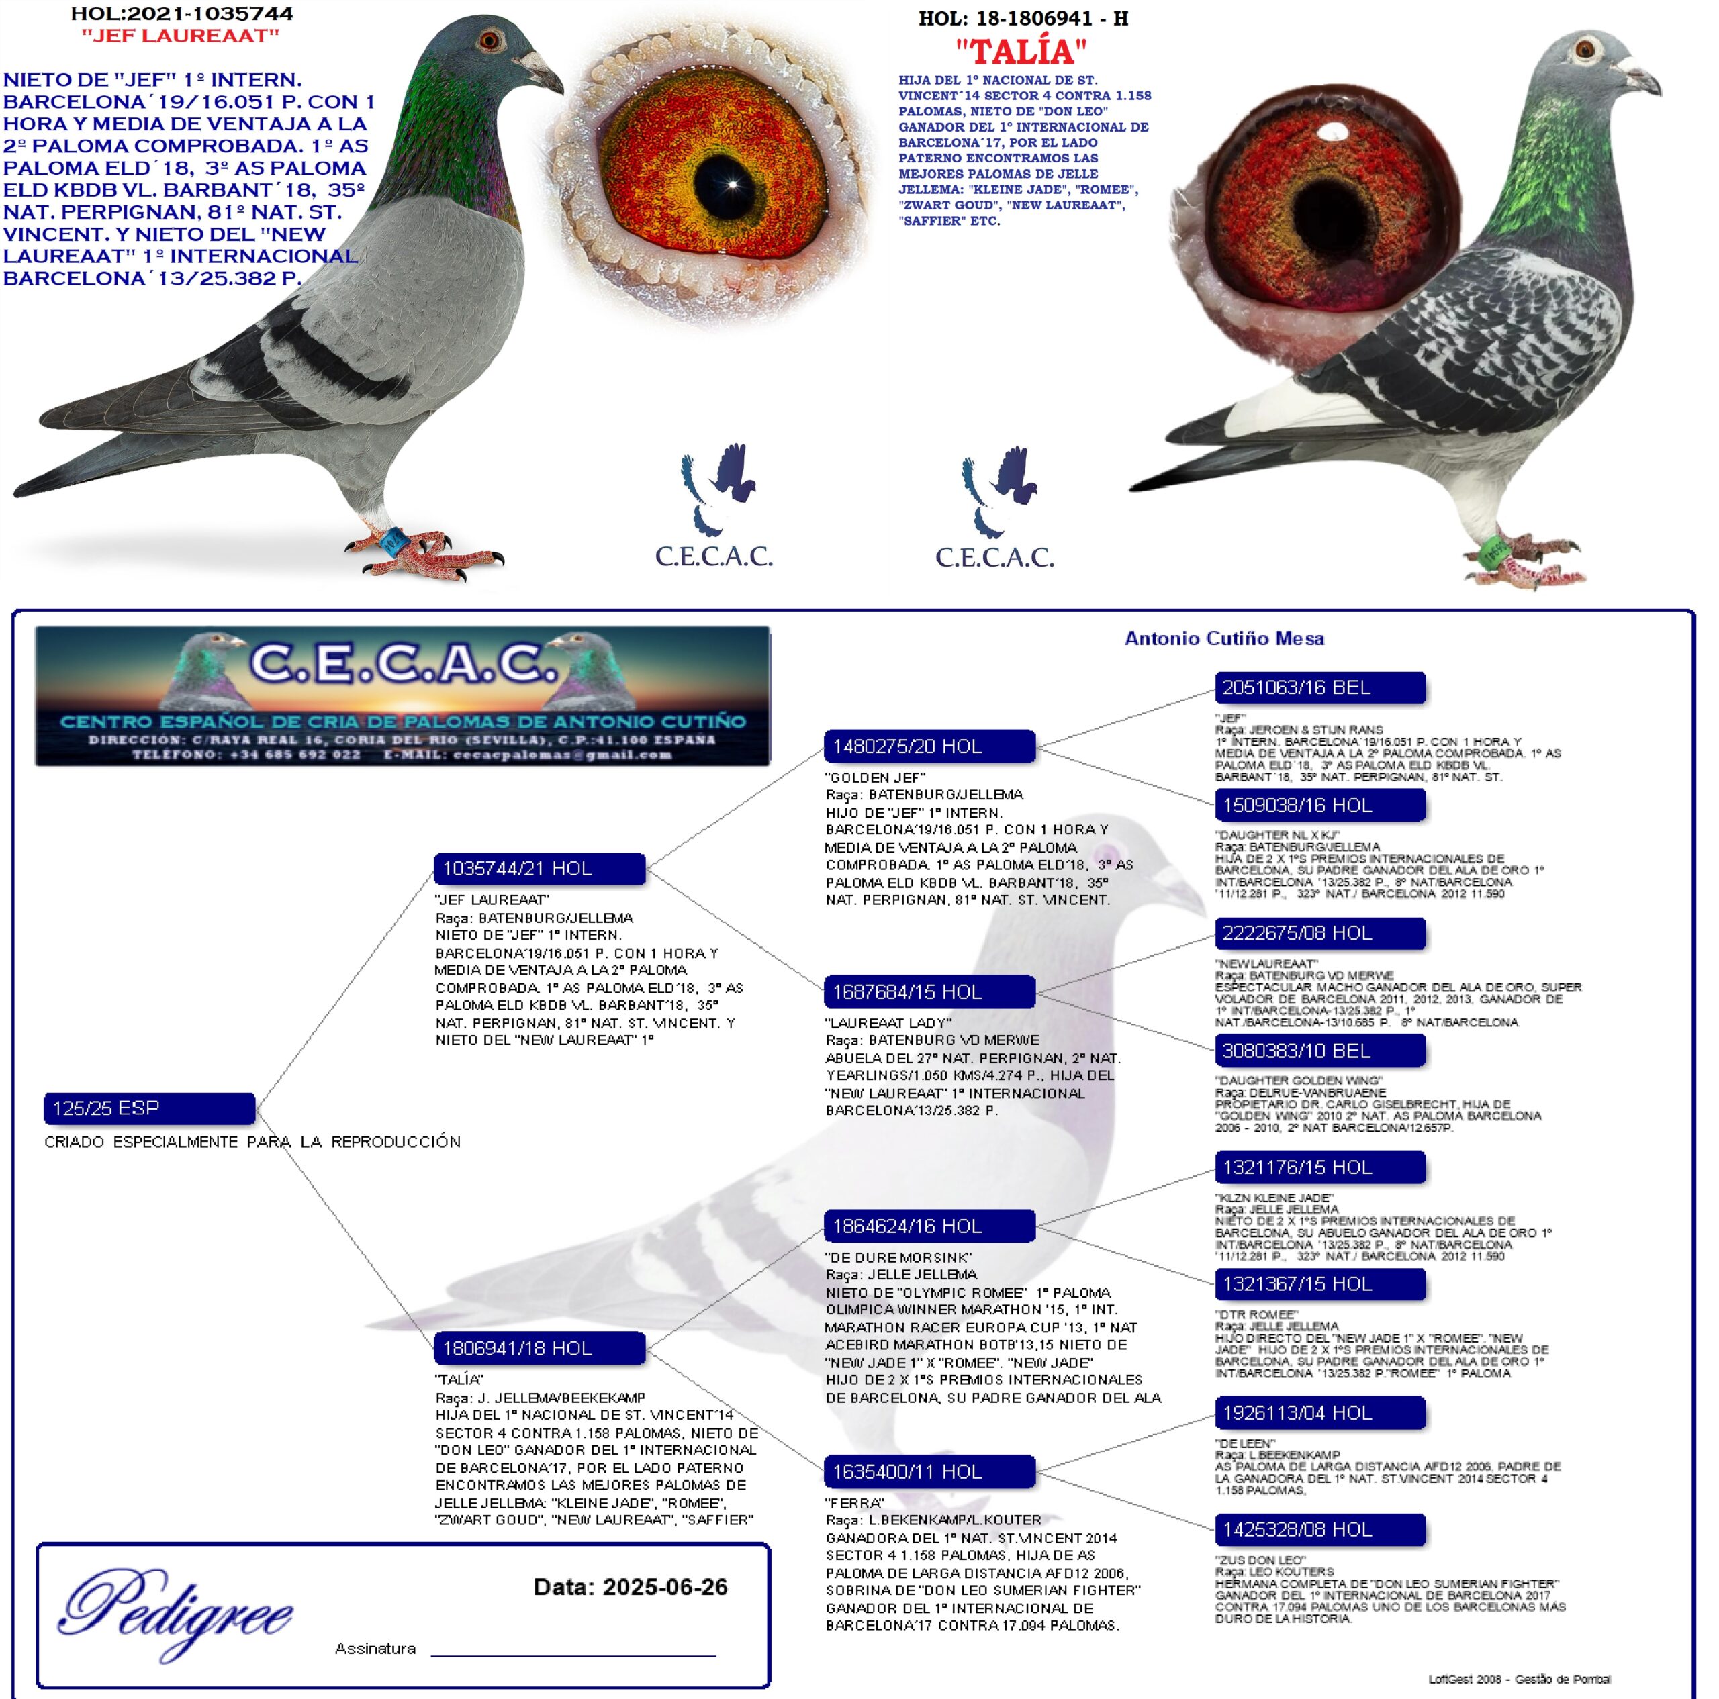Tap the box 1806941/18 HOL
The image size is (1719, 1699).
tap(539, 1348)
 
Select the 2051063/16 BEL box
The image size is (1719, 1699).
tap(1319, 687)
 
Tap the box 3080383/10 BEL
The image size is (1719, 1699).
tap(1319, 1051)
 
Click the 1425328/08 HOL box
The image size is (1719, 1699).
tap(1319, 1529)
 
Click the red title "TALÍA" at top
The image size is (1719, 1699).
tap(1021, 52)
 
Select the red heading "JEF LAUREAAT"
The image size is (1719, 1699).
tap(181, 36)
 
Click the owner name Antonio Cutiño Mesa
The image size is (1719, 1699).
tap(1224, 638)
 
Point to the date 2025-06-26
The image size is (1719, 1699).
tap(665, 1587)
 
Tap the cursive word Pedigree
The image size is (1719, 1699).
tap(176, 1612)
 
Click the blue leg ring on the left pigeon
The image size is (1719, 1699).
tap(392, 539)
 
